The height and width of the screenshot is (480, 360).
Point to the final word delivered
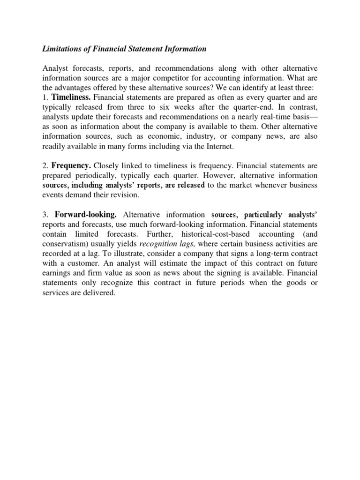99,292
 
